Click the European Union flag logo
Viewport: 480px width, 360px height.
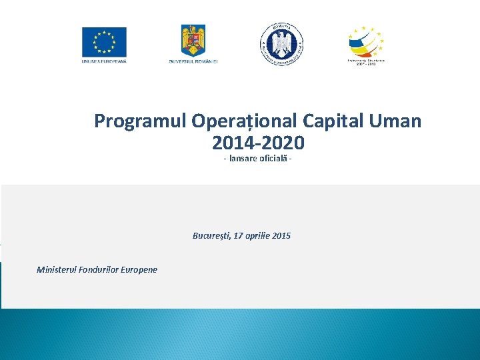point(103,41)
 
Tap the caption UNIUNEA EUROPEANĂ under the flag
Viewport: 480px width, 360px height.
point(103,61)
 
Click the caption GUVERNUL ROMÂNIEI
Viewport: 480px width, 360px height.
point(193,61)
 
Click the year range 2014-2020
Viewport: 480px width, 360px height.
point(258,143)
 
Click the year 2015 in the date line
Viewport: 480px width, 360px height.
point(282,236)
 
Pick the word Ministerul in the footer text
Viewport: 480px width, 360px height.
point(57,270)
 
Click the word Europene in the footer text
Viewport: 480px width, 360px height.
point(139,270)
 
